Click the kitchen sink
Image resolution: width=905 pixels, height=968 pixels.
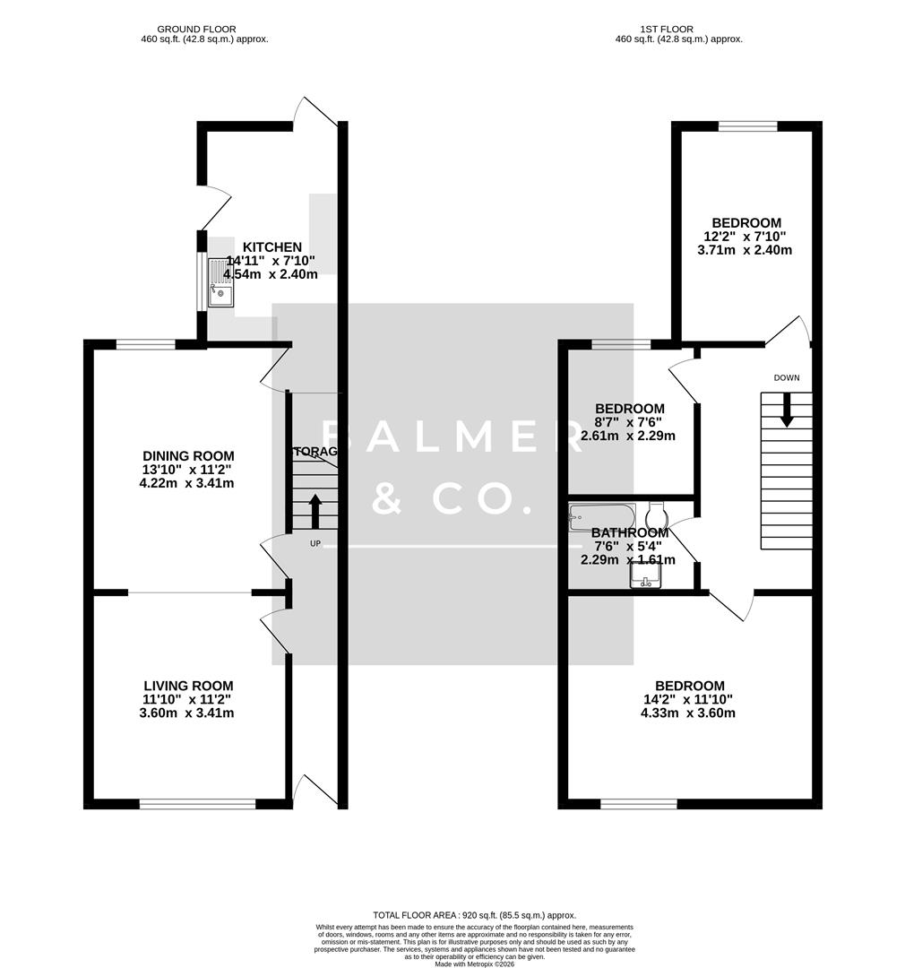tap(220, 282)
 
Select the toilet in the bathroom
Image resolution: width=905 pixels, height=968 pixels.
tap(656, 517)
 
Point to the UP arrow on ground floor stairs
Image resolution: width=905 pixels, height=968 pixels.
tap(315, 510)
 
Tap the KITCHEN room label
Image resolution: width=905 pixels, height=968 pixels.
tap(272, 246)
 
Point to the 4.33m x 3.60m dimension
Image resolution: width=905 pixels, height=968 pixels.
tap(687, 713)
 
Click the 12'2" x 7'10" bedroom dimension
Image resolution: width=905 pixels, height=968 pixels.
tap(746, 237)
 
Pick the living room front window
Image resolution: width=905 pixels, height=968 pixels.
tap(197, 804)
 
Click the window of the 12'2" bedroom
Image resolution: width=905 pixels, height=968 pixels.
tap(747, 126)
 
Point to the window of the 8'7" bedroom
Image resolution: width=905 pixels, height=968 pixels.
tap(621, 344)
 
